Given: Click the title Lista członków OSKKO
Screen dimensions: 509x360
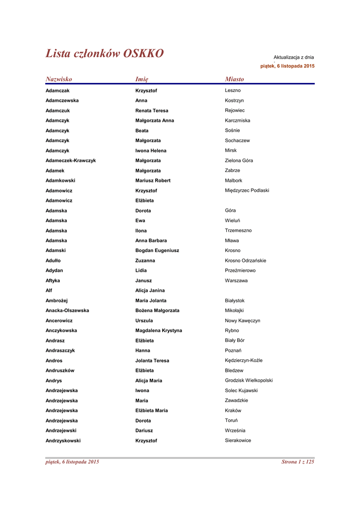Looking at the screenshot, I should (x=104, y=54).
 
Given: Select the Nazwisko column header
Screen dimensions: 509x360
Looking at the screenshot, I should (x=59, y=79).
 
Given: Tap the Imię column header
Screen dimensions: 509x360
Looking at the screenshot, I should (x=142, y=79).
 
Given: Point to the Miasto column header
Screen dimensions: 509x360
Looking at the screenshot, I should (x=234, y=79).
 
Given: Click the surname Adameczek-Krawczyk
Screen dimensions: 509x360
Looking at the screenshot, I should (x=71, y=161).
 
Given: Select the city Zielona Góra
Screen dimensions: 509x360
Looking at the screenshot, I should (x=239, y=161).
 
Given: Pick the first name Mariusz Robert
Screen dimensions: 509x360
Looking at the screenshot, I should (x=153, y=180).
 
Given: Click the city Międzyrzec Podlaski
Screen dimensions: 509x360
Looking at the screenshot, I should (x=247, y=190).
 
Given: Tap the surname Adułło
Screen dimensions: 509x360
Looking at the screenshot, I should (x=54, y=260).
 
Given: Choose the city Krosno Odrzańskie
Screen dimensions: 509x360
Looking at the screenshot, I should (x=245, y=260).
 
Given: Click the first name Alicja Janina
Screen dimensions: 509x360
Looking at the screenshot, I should (x=150, y=290).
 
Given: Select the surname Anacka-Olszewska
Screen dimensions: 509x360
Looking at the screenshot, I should (x=67, y=311).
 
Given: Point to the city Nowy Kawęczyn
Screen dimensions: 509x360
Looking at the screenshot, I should (x=242, y=321).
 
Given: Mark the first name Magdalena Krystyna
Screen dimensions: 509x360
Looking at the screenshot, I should (x=159, y=331).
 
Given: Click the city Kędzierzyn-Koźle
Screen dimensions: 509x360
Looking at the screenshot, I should (x=244, y=360).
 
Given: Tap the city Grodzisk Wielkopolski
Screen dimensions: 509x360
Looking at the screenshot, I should (x=249, y=380).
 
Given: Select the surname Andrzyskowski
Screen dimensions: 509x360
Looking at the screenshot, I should (x=63, y=440).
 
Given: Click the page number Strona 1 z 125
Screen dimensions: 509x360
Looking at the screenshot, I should (x=298, y=462).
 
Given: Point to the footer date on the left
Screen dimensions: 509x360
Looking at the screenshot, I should (x=72, y=462).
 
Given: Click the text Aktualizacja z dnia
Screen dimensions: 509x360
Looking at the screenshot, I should (x=293, y=58).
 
